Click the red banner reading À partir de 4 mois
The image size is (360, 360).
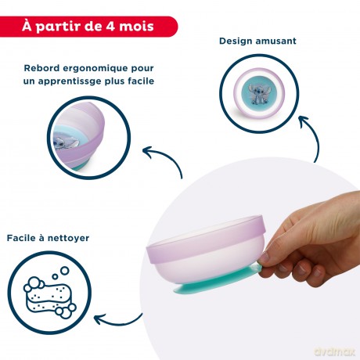(88, 27)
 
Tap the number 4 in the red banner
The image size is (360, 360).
(110, 27)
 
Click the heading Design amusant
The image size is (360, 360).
(257, 41)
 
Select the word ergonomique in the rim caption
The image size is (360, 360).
(95, 69)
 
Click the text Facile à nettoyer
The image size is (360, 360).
(48, 238)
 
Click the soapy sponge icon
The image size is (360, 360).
(49, 293)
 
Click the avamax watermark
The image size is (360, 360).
(335, 351)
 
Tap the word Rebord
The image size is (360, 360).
(41, 68)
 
